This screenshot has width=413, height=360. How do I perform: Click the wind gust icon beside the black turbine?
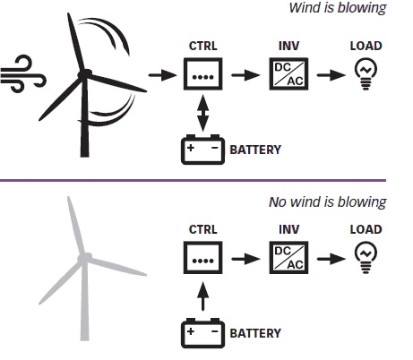click(23, 73)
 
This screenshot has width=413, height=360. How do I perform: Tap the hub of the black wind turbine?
click(85, 74)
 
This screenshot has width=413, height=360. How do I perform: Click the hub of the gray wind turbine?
click(85, 258)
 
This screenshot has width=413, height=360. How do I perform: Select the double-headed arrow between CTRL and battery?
click(203, 113)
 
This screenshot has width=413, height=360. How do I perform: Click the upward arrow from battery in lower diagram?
click(203, 296)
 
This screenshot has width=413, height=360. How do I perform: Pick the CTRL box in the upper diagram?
click(203, 74)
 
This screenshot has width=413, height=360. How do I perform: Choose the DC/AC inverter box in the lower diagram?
click(288, 258)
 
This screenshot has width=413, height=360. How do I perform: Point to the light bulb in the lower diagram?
click(366, 258)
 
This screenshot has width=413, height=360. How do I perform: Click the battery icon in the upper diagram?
click(203, 150)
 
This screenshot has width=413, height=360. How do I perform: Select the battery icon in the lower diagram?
click(203, 333)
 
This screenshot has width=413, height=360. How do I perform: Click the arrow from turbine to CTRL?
click(163, 75)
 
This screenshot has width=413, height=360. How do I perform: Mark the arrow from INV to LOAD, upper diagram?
click(331, 75)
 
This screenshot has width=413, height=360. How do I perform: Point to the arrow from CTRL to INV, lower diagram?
click(245, 259)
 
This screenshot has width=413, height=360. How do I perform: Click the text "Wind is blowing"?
click(338, 8)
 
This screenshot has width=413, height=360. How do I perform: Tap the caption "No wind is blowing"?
click(328, 202)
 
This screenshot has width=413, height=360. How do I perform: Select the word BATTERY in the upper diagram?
click(255, 150)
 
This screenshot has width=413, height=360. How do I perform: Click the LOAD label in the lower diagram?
click(366, 229)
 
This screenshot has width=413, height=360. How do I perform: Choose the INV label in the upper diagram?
click(288, 46)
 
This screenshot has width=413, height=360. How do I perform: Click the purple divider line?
click(193, 180)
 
